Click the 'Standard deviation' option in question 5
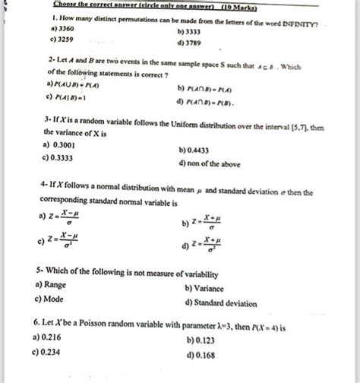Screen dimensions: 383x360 pos(224,303)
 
